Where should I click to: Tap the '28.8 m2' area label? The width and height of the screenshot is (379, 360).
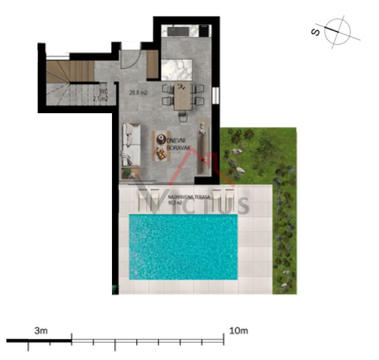[137, 92]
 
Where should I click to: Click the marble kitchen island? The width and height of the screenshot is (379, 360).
[177, 70]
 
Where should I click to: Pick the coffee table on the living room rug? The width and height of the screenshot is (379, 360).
[161, 146]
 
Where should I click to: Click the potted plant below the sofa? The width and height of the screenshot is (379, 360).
[128, 172]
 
